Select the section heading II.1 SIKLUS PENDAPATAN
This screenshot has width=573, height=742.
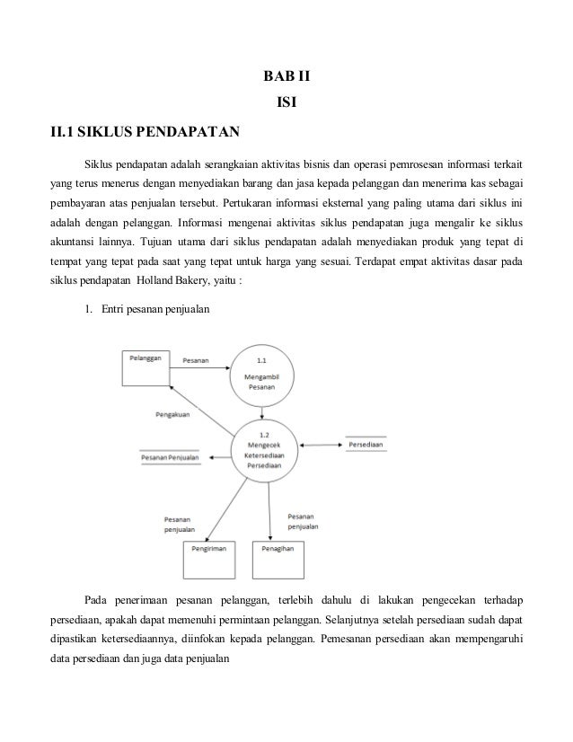click(145, 135)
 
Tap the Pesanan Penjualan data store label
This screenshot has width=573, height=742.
click(170, 457)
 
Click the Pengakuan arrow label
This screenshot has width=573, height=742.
click(172, 415)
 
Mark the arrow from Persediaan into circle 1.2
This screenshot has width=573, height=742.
click(319, 444)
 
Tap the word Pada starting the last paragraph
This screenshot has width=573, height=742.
click(97, 599)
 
